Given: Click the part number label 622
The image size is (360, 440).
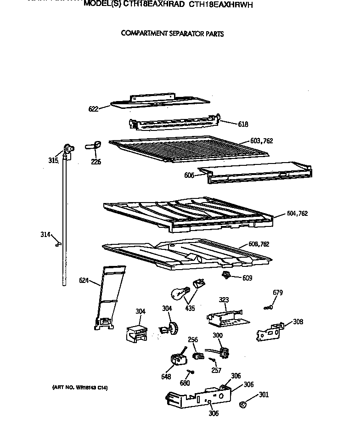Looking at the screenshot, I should pos(93,109).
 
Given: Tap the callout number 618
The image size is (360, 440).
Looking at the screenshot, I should pos(243,124).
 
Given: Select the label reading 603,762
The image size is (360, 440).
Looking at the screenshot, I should pos(261,141).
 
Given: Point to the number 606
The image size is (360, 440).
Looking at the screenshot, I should pos(189,175).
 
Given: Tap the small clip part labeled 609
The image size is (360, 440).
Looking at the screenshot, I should pos(225,275).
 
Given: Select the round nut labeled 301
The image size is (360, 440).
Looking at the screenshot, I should pos(244,405).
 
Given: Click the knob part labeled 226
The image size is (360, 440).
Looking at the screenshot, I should pos(93,146).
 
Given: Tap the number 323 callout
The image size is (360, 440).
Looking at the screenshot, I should pos(224,300).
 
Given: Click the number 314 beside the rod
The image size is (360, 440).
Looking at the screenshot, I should pos(45,235).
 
